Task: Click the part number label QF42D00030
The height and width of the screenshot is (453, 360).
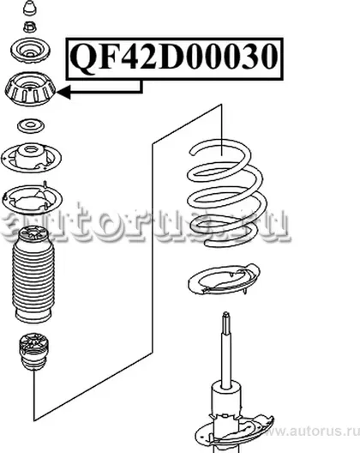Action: [x=175, y=57]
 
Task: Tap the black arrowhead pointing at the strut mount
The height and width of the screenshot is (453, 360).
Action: [x=63, y=92]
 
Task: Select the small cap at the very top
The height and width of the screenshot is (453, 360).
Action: [x=30, y=8]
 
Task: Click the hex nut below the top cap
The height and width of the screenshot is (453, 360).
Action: [x=30, y=27]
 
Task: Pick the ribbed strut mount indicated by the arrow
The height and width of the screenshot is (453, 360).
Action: [x=30, y=89]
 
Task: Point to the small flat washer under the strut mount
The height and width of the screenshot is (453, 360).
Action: [x=31, y=125]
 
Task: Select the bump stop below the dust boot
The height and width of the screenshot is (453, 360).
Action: [x=33, y=352]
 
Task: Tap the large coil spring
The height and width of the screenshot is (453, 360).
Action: [x=225, y=193]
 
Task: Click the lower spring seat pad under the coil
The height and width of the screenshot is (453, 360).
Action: [x=224, y=279]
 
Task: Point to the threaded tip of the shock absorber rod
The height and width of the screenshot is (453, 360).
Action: [x=226, y=322]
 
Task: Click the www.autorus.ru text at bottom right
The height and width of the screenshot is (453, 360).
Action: [x=312, y=432]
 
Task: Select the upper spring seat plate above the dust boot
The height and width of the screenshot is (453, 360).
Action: [x=32, y=199]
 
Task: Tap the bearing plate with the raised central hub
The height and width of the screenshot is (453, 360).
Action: [x=31, y=158]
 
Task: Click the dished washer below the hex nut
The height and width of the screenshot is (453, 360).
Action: [x=30, y=50]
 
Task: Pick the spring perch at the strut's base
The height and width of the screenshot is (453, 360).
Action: [x=234, y=432]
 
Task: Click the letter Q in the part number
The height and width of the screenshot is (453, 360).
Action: [x=83, y=57]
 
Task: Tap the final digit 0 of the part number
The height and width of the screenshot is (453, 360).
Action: [x=267, y=57]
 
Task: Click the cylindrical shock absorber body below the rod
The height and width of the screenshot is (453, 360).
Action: [x=226, y=416]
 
